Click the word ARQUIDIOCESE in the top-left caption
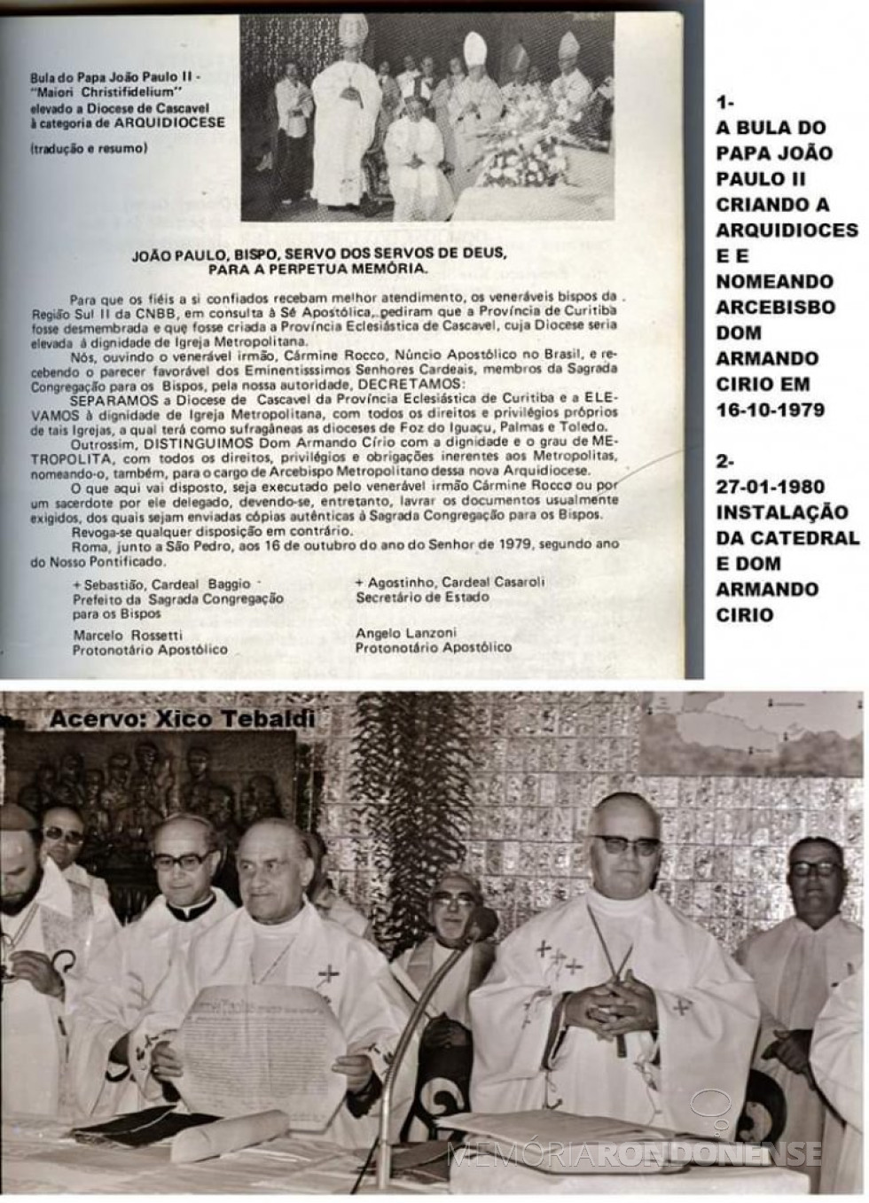174,122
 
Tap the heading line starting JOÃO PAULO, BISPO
318,260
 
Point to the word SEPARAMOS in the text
106,398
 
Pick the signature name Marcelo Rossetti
128,635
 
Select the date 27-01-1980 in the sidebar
770,487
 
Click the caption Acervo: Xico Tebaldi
182,719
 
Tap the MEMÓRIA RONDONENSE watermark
633,1152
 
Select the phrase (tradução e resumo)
88,148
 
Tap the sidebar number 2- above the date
726,461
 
